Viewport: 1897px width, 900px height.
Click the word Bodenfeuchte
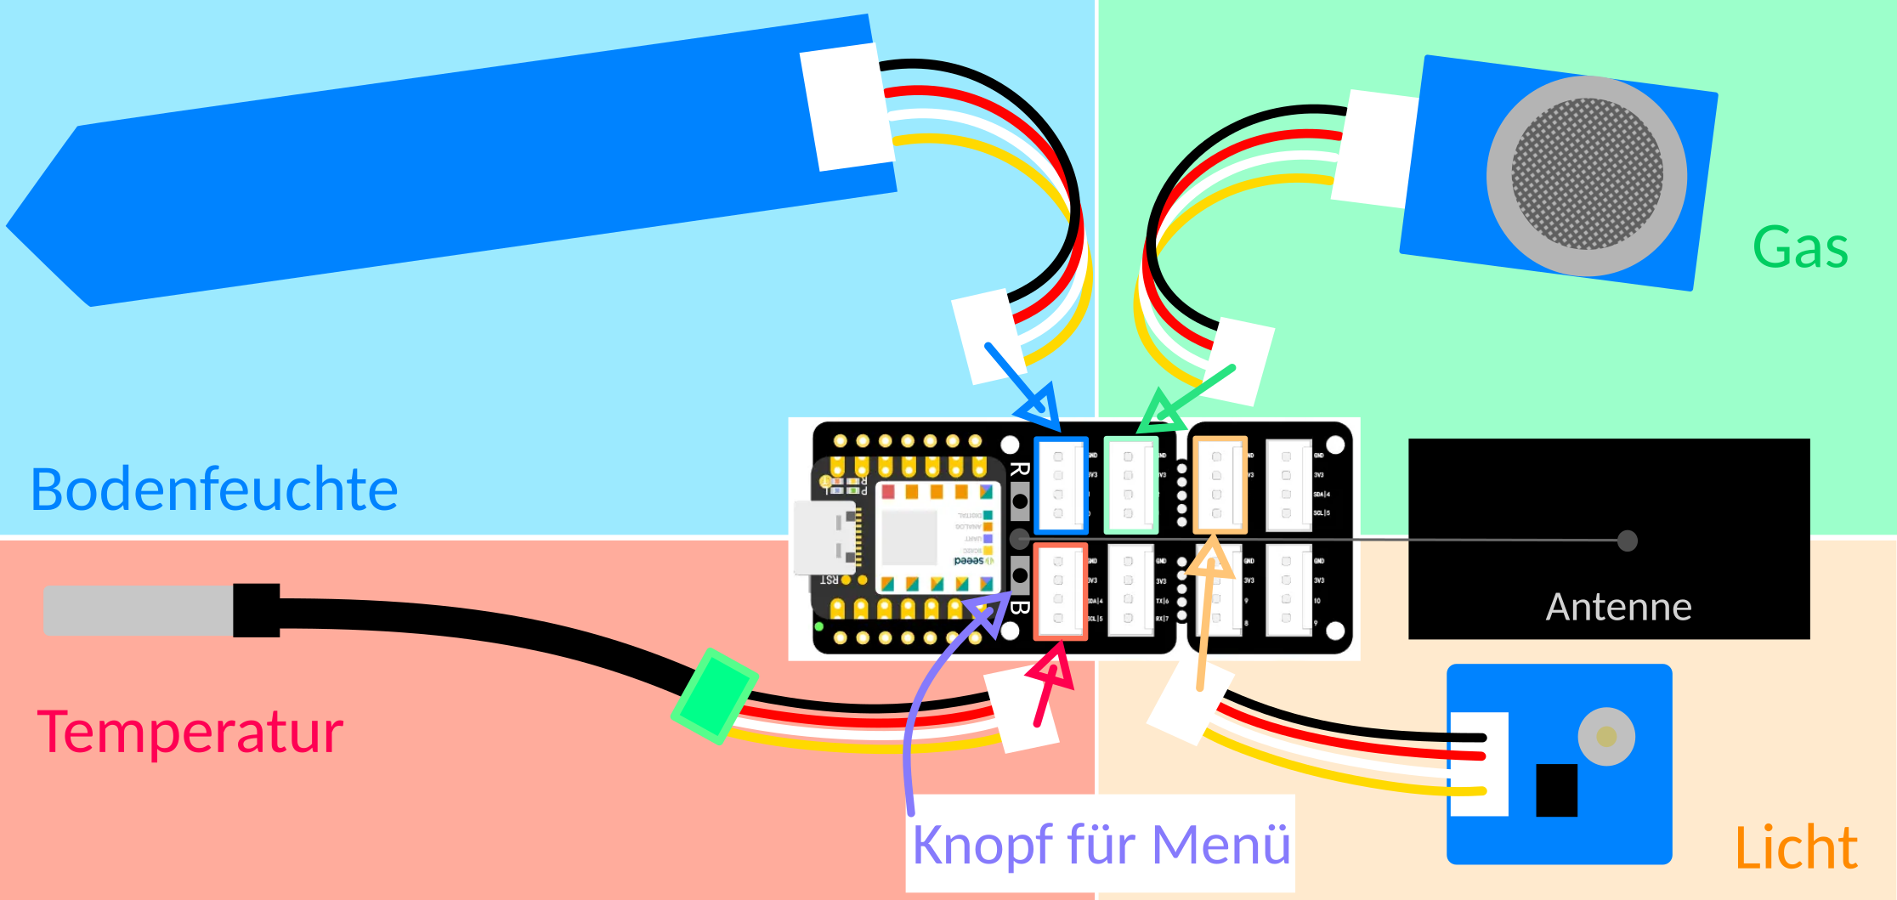(x=214, y=490)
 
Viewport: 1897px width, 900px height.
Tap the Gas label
(x=1800, y=248)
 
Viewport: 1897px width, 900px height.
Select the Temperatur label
(x=190, y=732)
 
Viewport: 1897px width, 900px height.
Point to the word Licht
(x=1795, y=847)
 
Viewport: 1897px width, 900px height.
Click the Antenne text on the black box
(x=1618, y=607)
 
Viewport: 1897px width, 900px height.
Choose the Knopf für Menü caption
(x=1101, y=844)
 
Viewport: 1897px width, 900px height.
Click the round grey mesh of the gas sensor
(x=1586, y=175)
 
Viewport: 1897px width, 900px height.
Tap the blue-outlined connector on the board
(x=1061, y=484)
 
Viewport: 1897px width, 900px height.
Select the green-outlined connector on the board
(x=1131, y=484)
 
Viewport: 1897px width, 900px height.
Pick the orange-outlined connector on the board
(x=1219, y=484)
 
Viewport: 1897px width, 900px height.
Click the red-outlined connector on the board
(x=1060, y=591)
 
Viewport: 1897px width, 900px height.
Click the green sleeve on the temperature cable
(x=714, y=696)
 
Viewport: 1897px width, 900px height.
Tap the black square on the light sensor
(x=1556, y=790)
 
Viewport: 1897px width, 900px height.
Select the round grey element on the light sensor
(x=1605, y=736)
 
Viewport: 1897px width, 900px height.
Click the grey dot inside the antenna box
(x=1627, y=541)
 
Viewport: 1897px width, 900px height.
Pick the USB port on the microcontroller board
(x=823, y=537)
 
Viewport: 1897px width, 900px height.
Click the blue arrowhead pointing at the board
(x=1042, y=409)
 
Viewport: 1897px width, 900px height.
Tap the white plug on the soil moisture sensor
(x=847, y=107)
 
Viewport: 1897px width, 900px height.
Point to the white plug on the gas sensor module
(x=1374, y=149)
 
